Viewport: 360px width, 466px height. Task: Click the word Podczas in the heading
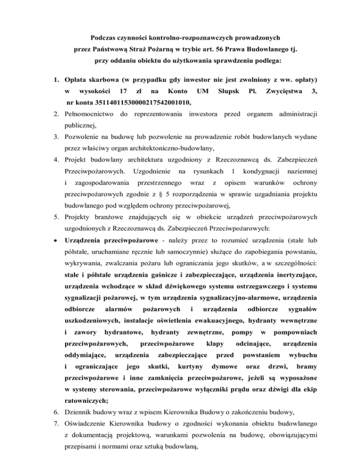point(102,36)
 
